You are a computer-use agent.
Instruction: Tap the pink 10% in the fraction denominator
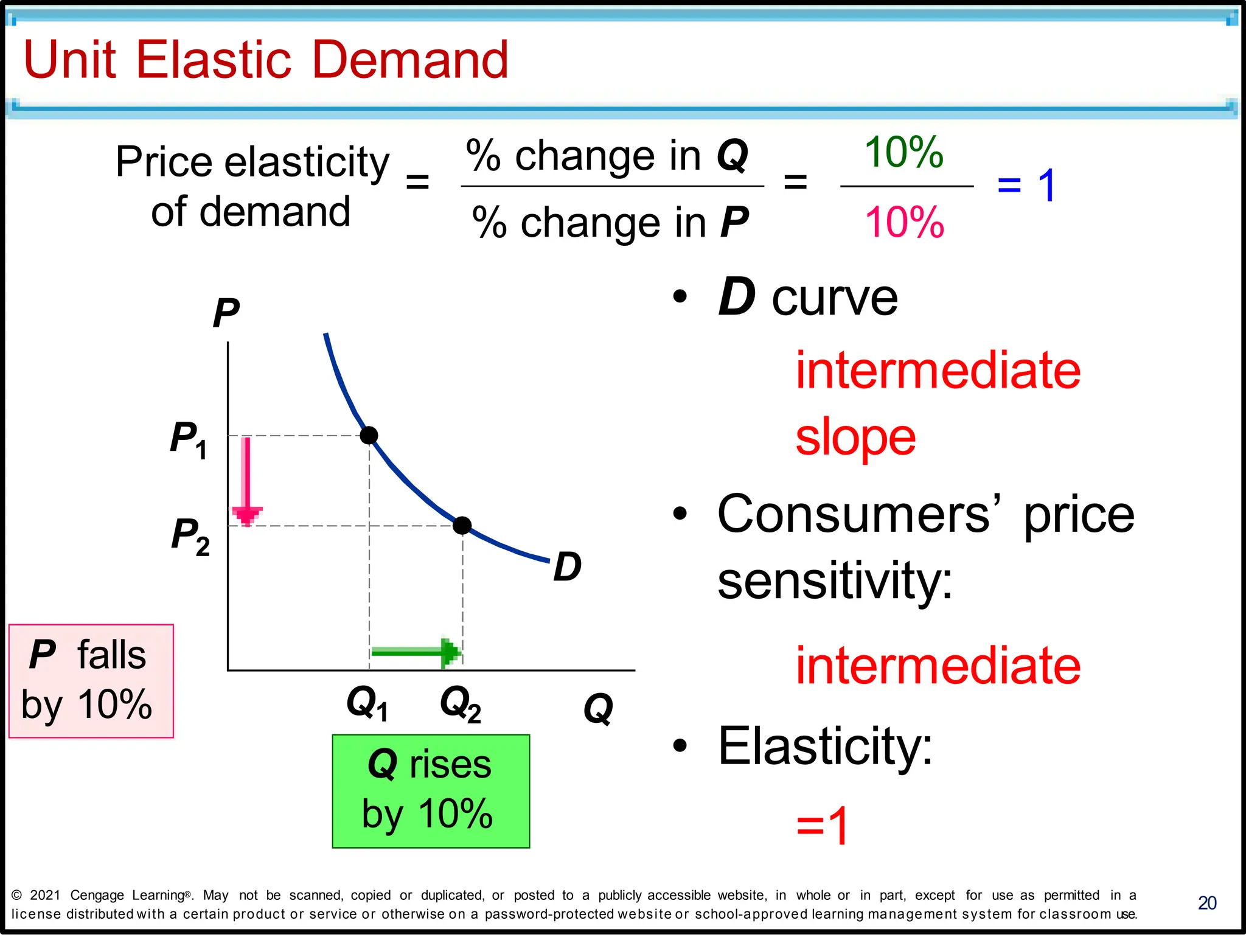904,222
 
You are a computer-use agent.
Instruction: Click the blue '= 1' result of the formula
1027,185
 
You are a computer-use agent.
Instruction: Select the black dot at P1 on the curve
369,436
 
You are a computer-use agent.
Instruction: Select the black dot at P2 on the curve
462,525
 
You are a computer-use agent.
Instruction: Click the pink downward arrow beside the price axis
246,481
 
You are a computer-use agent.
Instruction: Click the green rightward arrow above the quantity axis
417,652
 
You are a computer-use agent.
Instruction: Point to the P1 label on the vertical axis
188,439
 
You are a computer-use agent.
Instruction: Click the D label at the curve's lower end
567,566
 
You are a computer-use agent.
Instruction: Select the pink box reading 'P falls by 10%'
91,681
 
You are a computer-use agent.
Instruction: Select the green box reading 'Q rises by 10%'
431,791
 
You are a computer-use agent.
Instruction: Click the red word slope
855,437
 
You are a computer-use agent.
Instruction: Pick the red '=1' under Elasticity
823,826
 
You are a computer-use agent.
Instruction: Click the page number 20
1207,903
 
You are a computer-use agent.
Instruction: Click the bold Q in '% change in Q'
733,156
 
